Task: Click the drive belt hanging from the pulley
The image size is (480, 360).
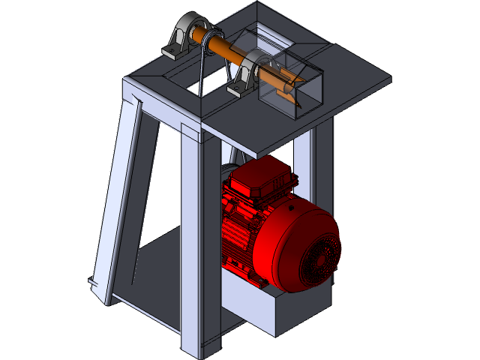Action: point(203,71)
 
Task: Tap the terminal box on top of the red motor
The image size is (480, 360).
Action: point(259,180)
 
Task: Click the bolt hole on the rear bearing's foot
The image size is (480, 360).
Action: point(171,51)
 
